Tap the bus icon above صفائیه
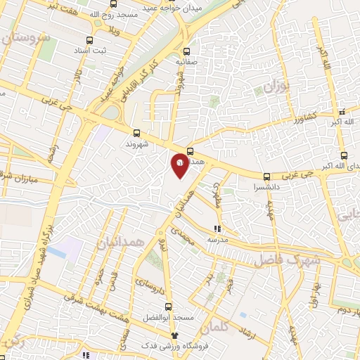tap(186, 51)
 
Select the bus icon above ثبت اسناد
tap(89, 41)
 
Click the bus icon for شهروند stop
tap(136, 132)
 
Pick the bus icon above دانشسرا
tap(266, 177)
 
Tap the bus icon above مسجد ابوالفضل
tap(168, 307)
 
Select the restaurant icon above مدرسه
tap(217, 228)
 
